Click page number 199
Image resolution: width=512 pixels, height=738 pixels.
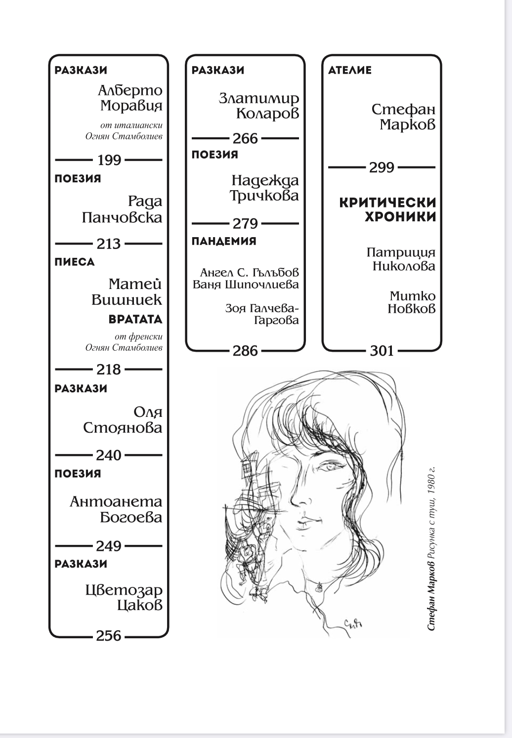pyautogui.click(x=109, y=160)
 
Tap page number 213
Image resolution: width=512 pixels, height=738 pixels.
pyautogui.click(x=109, y=244)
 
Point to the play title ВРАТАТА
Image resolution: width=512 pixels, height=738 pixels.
pyautogui.click(x=135, y=319)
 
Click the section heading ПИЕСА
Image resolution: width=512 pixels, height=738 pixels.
pyautogui.click(x=75, y=262)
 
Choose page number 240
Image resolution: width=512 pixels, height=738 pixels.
pyautogui.click(x=109, y=455)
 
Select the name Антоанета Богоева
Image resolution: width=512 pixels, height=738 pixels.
pyautogui.click(x=117, y=509)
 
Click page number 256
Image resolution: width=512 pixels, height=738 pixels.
pyautogui.click(x=109, y=636)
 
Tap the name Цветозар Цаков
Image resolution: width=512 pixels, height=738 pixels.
pyautogui.click(x=124, y=597)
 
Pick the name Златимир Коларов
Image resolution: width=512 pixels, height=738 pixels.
pyautogui.click(x=259, y=106)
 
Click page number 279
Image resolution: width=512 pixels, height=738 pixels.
pyautogui.click(x=246, y=224)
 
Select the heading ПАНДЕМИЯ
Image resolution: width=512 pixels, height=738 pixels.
pyautogui.click(x=224, y=241)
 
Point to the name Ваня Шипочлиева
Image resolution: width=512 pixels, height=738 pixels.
pyautogui.click(x=246, y=285)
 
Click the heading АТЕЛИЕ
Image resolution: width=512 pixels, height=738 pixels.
pyautogui.click(x=350, y=70)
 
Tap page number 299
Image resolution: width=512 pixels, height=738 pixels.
pyautogui.click(x=382, y=167)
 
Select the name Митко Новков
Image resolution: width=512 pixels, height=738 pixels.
pyautogui.click(x=412, y=302)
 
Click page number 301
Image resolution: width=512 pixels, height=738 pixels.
pyautogui.click(x=382, y=351)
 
